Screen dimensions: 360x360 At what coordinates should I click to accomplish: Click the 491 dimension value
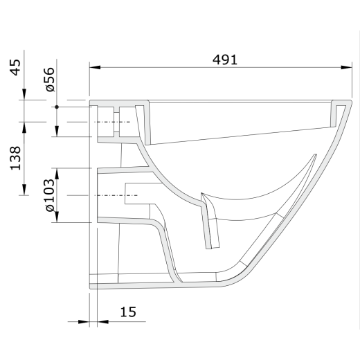tap(225, 60)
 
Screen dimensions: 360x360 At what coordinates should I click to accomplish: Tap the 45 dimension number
tap(16, 67)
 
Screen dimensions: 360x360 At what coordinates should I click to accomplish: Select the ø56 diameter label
tap(50, 80)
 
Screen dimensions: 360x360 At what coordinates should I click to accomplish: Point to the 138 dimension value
tap(16, 159)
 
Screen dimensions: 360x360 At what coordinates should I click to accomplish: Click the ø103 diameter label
tap(50, 195)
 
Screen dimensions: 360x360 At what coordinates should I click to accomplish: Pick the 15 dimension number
tap(128, 312)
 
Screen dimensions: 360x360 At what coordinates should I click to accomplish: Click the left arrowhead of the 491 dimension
tap(95, 67)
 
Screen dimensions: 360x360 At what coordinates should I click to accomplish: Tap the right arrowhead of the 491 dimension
tap(347, 67)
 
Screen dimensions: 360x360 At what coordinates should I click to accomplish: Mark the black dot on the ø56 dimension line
tap(57, 107)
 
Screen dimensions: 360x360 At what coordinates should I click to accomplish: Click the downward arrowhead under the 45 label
tap(24, 94)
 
